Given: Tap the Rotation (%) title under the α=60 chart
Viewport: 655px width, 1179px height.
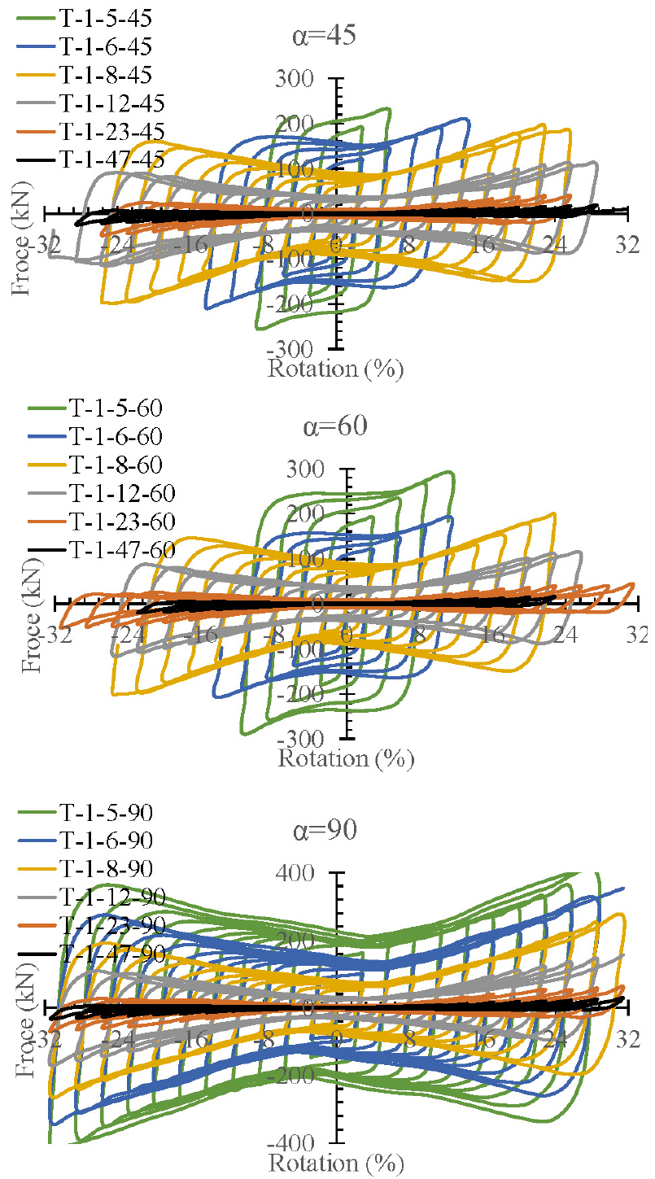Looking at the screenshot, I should click(347, 759).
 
